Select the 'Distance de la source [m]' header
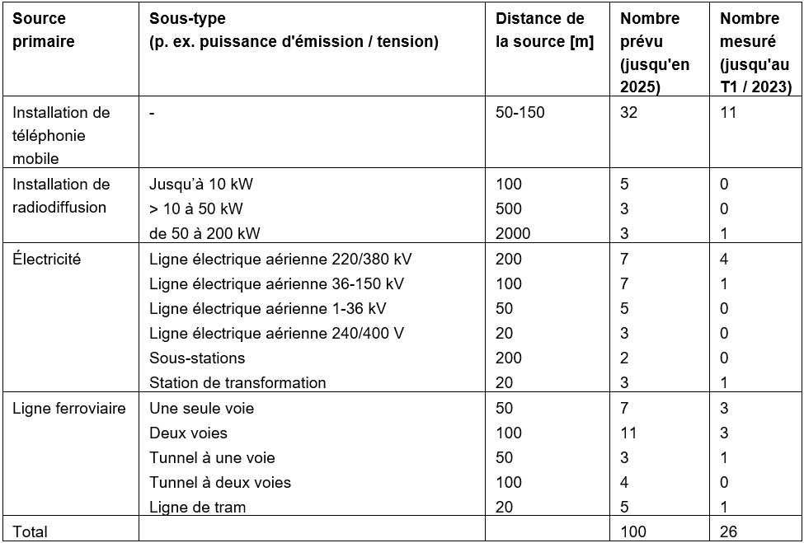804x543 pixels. click(543, 30)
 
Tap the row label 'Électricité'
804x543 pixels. click(46, 259)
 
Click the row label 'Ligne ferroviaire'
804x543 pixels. click(69, 408)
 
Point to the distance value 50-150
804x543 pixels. click(520, 112)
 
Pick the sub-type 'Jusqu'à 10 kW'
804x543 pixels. click(195, 184)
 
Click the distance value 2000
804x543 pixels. click(513, 233)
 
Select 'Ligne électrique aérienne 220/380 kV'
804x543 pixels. click(280, 259)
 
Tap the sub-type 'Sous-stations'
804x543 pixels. click(197, 358)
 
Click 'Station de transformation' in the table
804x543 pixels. click(237, 382)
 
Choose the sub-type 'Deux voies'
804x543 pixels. click(188, 433)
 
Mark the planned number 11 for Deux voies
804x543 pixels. click(629, 433)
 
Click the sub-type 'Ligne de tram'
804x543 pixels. click(197, 507)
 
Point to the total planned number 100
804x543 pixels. click(633, 531)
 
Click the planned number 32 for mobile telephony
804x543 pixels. click(629, 112)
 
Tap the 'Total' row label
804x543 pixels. click(31, 531)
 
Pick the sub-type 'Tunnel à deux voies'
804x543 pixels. click(220, 482)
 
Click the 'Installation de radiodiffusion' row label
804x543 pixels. click(61, 195)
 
